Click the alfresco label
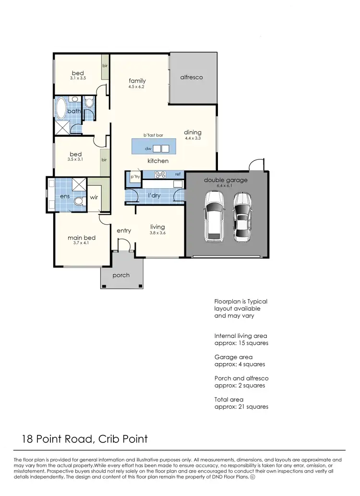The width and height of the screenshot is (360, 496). click(x=192, y=77)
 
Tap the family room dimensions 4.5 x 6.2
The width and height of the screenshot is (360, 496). click(x=137, y=87)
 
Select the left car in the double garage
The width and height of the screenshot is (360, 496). click(x=214, y=216)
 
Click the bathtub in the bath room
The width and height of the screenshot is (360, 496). click(x=61, y=109)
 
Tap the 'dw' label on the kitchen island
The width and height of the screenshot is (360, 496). click(x=148, y=149)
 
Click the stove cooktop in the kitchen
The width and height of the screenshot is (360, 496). click(x=160, y=174)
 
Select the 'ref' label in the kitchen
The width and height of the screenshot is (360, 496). click(x=178, y=174)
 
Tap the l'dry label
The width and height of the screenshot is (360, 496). click(x=154, y=195)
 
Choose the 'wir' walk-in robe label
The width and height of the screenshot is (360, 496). click(x=94, y=197)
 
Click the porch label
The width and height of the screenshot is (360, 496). click(x=121, y=276)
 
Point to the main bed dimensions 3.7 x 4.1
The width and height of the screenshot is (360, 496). click(x=81, y=243)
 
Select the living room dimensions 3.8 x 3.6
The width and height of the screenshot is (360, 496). click(x=157, y=233)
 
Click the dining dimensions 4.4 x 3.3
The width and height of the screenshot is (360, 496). click(x=192, y=138)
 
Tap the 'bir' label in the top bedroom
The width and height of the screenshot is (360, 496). click(x=104, y=65)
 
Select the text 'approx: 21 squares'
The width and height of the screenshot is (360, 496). click(x=241, y=407)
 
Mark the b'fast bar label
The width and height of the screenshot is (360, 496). click(x=147, y=135)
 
